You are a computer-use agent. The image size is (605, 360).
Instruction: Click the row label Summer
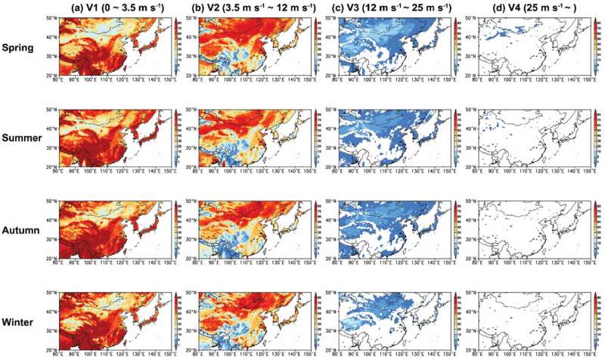click(x=23, y=139)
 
